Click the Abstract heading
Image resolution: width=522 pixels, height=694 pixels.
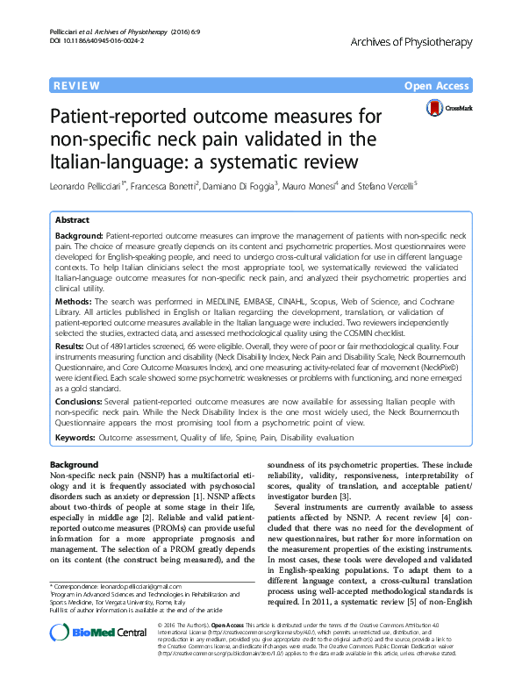point(71,220)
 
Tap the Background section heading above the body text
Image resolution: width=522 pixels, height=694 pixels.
point(74,463)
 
